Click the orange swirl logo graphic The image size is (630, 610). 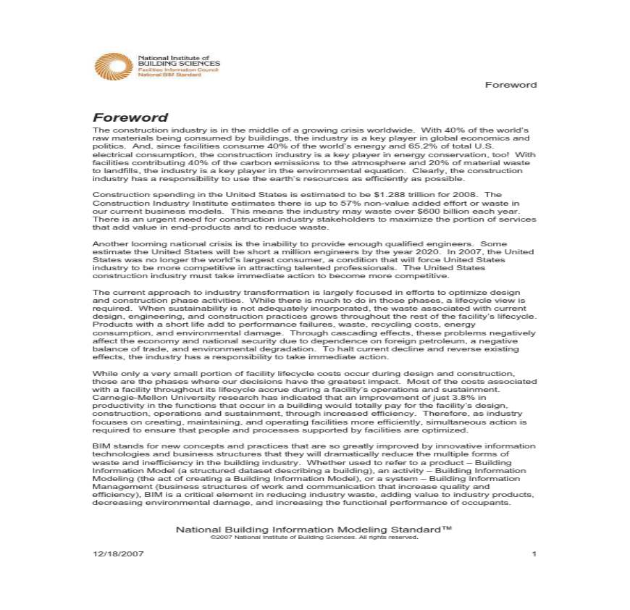tap(114, 66)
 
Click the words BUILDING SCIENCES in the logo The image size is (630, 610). tap(179, 64)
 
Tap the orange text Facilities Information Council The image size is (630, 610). tap(173, 70)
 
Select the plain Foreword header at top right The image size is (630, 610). tap(511, 85)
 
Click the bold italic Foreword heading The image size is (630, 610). tap(130, 117)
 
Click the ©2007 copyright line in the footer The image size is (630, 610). tap(314, 538)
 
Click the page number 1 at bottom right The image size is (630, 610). tap(534, 554)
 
